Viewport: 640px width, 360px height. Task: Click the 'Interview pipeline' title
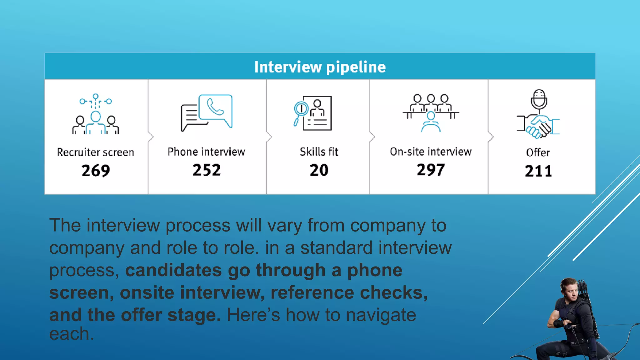click(320, 67)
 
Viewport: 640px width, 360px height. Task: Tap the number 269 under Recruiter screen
click(96, 171)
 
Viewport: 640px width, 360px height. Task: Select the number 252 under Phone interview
click(207, 170)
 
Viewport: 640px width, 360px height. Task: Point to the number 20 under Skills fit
click(319, 170)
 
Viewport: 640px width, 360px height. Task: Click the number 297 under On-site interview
click(431, 170)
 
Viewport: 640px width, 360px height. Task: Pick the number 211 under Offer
click(538, 171)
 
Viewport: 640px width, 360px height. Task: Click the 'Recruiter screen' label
click(96, 152)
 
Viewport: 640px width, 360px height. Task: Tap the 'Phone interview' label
click(206, 152)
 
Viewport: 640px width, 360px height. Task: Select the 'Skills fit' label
click(319, 152)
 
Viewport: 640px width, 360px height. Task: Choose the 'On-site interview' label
click(431, 152)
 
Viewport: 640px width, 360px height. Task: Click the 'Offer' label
click(538, 152)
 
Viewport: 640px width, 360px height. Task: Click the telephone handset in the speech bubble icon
click(215, 107)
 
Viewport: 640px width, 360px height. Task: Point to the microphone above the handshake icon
click(539, 99)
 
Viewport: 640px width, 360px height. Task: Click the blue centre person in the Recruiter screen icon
click(96, 122)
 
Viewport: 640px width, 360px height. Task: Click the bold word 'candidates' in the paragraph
click(173, 270)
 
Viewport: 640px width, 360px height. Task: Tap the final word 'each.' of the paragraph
click(72, 334)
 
